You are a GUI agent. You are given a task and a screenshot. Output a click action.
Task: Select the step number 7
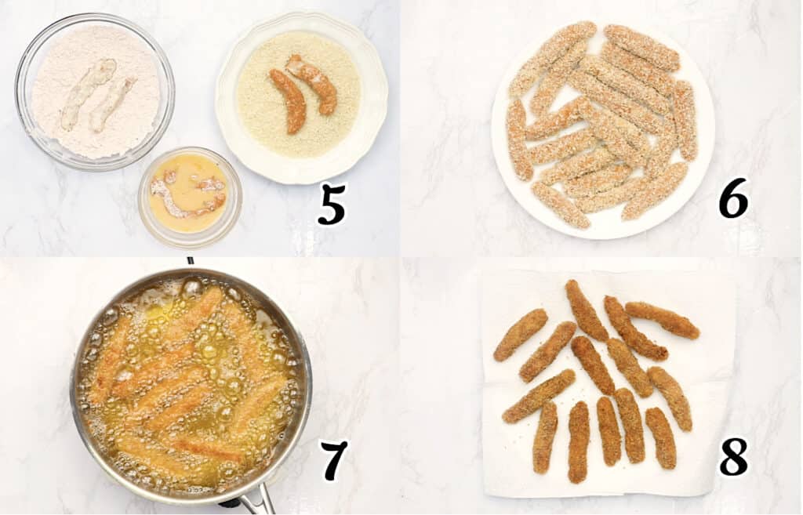[x=334, y=460]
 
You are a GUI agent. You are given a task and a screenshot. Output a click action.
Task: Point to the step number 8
[x=733, y=456]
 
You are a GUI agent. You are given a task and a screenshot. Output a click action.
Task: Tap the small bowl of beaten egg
[x=189, y=196]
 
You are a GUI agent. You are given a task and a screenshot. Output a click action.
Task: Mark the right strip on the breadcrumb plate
[x=313, y=82]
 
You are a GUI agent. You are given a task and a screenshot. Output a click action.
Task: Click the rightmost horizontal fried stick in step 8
[x=663, y=320]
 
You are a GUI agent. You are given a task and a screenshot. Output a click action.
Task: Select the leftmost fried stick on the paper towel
[x=521, y=335]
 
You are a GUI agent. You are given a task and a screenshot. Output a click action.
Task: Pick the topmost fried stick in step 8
[x=586, y=310]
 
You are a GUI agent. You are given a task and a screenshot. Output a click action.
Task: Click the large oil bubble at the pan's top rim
[x=191, y=287]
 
